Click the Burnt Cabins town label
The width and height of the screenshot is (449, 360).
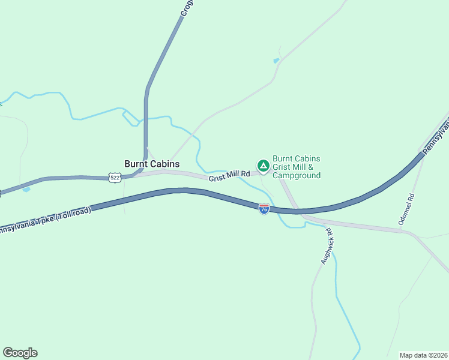152,163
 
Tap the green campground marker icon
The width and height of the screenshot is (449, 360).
263,165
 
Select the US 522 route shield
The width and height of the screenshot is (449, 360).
116,178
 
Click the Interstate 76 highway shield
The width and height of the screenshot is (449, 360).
264,208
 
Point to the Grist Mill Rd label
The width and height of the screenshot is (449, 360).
229,176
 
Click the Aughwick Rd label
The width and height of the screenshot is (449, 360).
327,246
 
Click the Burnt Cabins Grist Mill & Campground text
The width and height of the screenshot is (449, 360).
297,167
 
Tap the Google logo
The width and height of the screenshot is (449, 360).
20,353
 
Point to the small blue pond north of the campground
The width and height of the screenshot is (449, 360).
276,61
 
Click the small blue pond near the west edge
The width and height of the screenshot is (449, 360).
26,190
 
